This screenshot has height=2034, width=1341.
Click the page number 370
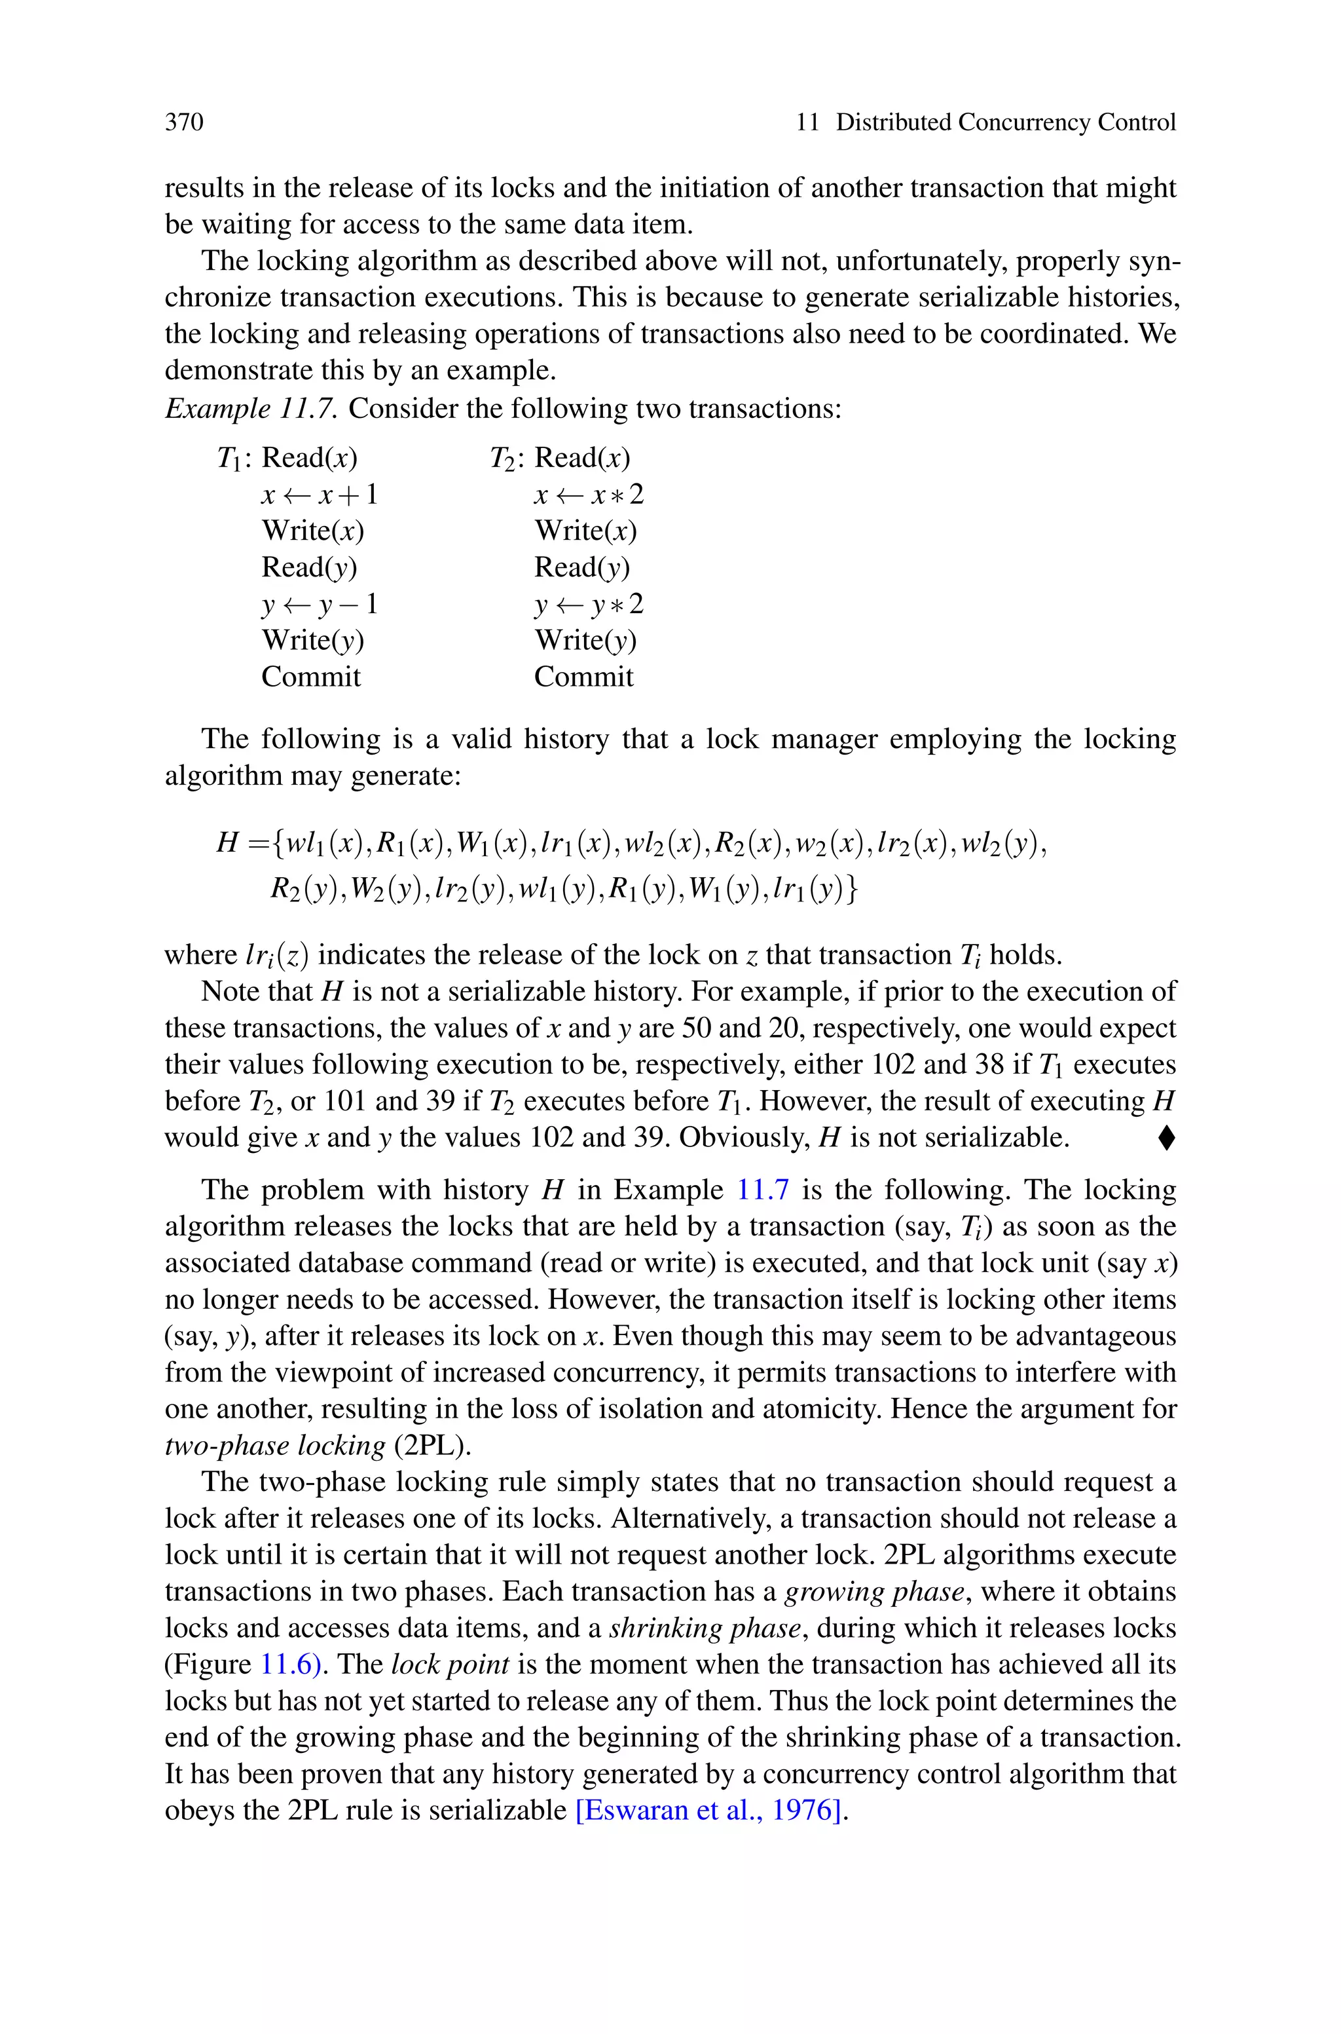[x=184, y=122]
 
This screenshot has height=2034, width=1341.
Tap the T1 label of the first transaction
[x=229, y=459]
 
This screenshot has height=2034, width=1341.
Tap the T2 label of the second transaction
[x=502, y=459]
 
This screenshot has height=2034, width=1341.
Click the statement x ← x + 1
[x=320, y=495]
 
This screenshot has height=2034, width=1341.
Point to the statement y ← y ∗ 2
[x=589, y=605]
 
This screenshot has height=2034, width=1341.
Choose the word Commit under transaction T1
[x=310, y=677]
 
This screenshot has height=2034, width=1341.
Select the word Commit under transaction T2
[x=583, y=677]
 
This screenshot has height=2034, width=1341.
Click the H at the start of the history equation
[x=227, y=843]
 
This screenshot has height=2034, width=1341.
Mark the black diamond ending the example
[x=1167, y=1138]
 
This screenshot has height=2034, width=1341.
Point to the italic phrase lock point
[x=450, y=1665]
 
